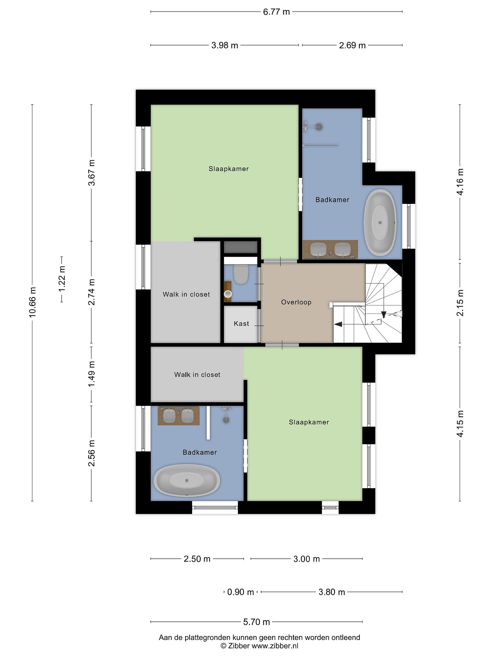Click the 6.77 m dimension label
tap(276, 12)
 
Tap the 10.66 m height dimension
tap(32, 302)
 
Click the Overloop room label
tap(296, 302)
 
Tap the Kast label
tap(241, 323)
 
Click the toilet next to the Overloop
tap(241, 274)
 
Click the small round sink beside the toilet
tap(228, 294)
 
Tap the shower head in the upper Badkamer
tap(319, 127)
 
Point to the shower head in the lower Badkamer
tap(226, 419)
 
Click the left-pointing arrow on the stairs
tap(338, 324)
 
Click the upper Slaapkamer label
tap(229, 169)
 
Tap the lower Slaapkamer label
tap(309, 422)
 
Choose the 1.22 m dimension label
tap(62, 279)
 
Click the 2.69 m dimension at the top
tap(352, 45)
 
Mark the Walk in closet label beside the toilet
tap(186, 294)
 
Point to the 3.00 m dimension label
tap(307, 559)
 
